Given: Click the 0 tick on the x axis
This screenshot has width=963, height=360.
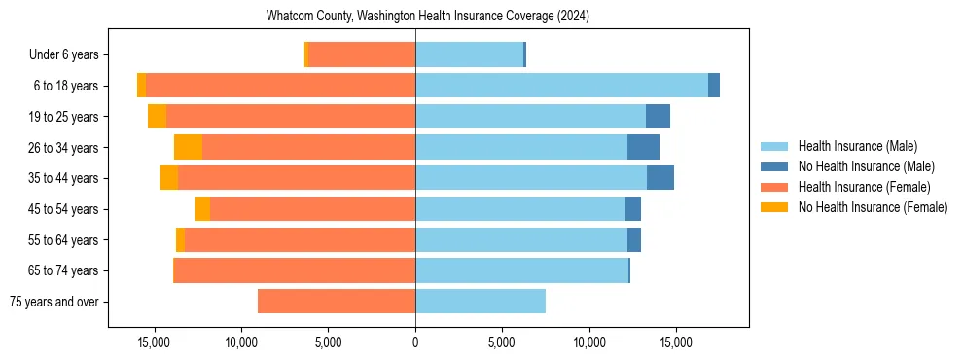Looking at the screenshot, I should [415, 342].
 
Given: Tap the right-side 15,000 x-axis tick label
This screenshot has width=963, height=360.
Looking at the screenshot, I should [676, 342].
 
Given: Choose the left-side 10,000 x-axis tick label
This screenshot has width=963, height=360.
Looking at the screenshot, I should [241, 342].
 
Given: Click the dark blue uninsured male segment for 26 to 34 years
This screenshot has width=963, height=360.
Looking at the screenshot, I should [643, 147].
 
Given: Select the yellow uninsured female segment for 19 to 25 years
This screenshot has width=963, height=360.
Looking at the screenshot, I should [157, 117].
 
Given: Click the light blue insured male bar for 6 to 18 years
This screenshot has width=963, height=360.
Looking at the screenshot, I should [561, 86].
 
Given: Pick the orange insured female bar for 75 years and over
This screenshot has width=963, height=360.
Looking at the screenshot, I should [337, 302].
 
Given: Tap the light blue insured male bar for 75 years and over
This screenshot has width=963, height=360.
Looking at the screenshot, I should [481, 302].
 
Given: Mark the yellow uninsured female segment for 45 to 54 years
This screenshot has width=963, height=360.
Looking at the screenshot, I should [202, 209].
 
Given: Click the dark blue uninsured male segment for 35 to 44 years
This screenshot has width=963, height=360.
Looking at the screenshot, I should [660, 178].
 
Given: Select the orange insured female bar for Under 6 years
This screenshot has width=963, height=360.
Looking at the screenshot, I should [361, 54].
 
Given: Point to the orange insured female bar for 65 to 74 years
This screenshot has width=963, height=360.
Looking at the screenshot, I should [294, 270].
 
